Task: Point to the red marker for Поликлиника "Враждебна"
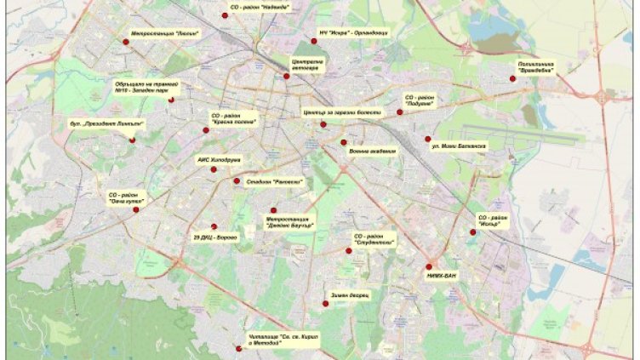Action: point(512,79)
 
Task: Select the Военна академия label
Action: point(372,151)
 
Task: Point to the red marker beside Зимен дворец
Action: point(325,303)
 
